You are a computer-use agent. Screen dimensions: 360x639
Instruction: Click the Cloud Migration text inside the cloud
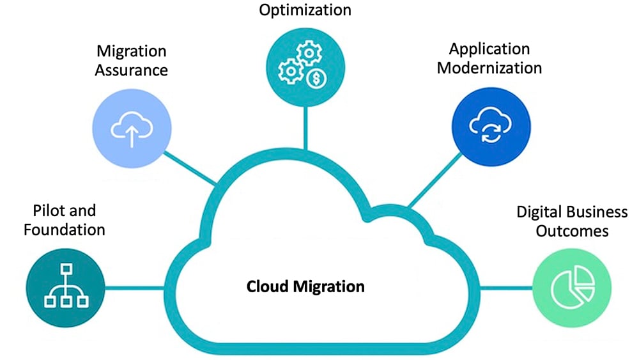coord(305,286)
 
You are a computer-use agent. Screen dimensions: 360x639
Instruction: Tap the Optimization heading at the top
coord(305,10)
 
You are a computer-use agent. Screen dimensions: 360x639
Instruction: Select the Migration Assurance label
coord(131,60)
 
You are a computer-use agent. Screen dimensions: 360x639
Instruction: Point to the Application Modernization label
coord(489,58)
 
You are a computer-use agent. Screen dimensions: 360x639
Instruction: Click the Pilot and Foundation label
coord(64,220)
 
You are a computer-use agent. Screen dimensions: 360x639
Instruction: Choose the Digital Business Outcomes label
coord(572,221)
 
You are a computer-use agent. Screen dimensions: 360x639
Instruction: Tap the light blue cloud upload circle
coord(132,129)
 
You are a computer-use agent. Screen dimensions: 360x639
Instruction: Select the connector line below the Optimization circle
coord(305,125)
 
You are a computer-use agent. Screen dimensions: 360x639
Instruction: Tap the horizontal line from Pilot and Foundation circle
coord(134,287)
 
